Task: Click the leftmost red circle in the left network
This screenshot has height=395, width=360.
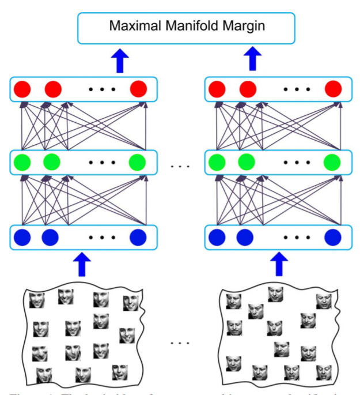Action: (x=22, y=89)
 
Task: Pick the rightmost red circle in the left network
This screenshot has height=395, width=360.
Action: (x=138, y=89)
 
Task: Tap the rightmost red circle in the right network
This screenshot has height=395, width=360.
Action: (x=333, y=89)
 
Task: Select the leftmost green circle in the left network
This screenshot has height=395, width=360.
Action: (x=22, y=162)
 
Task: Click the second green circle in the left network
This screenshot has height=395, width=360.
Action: (x=51, y=162)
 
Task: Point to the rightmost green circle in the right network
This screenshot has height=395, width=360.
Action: (x=332, y=162)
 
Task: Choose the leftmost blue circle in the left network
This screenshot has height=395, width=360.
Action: (x=22, y=236)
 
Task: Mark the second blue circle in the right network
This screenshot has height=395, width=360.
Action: (x=245, y=236)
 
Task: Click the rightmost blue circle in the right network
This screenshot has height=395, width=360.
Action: (x=332, y=236)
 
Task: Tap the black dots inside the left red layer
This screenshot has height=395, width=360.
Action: (x=103, y=89)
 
